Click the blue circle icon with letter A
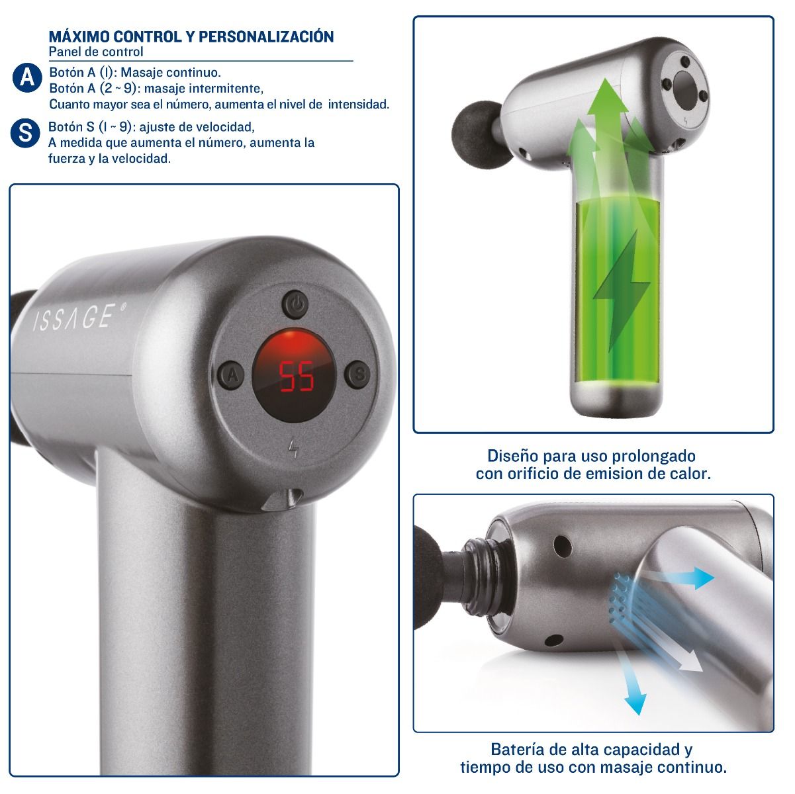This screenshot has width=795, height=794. tap(27, 77)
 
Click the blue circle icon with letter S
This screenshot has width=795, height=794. tap(25, 133)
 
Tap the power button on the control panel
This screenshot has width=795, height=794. tap(295, 305)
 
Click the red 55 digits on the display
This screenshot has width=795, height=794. tap(297, 376)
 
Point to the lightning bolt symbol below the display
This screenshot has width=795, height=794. tap(293, 449)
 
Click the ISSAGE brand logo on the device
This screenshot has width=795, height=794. tap(79, 317)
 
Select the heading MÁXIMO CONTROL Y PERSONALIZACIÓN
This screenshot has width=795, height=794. tap(191, 36)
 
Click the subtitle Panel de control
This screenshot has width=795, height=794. tap(96, 52)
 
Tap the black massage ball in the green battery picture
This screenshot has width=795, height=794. tap(478, 135)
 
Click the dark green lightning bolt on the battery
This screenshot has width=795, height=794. tap(622, 291)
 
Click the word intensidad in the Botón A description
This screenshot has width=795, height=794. tap(359, 105)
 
